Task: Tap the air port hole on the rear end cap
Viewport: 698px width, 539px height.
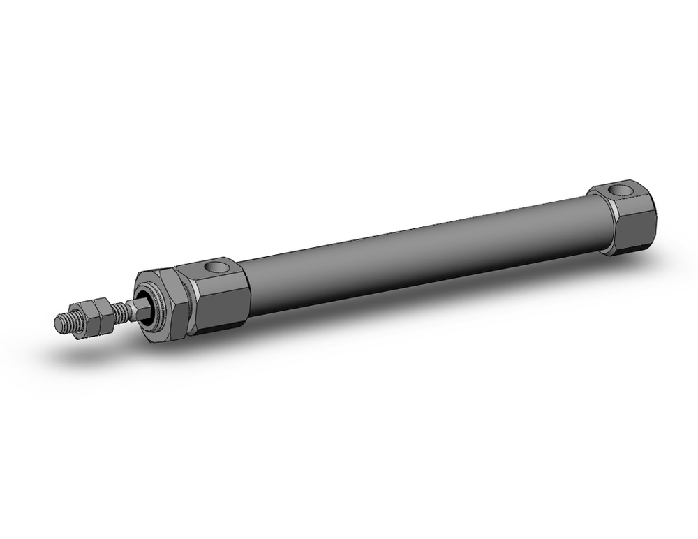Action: (617, 189)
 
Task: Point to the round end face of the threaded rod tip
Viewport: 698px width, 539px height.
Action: (59, 324)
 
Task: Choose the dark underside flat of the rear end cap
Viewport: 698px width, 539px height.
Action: (632, 246)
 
